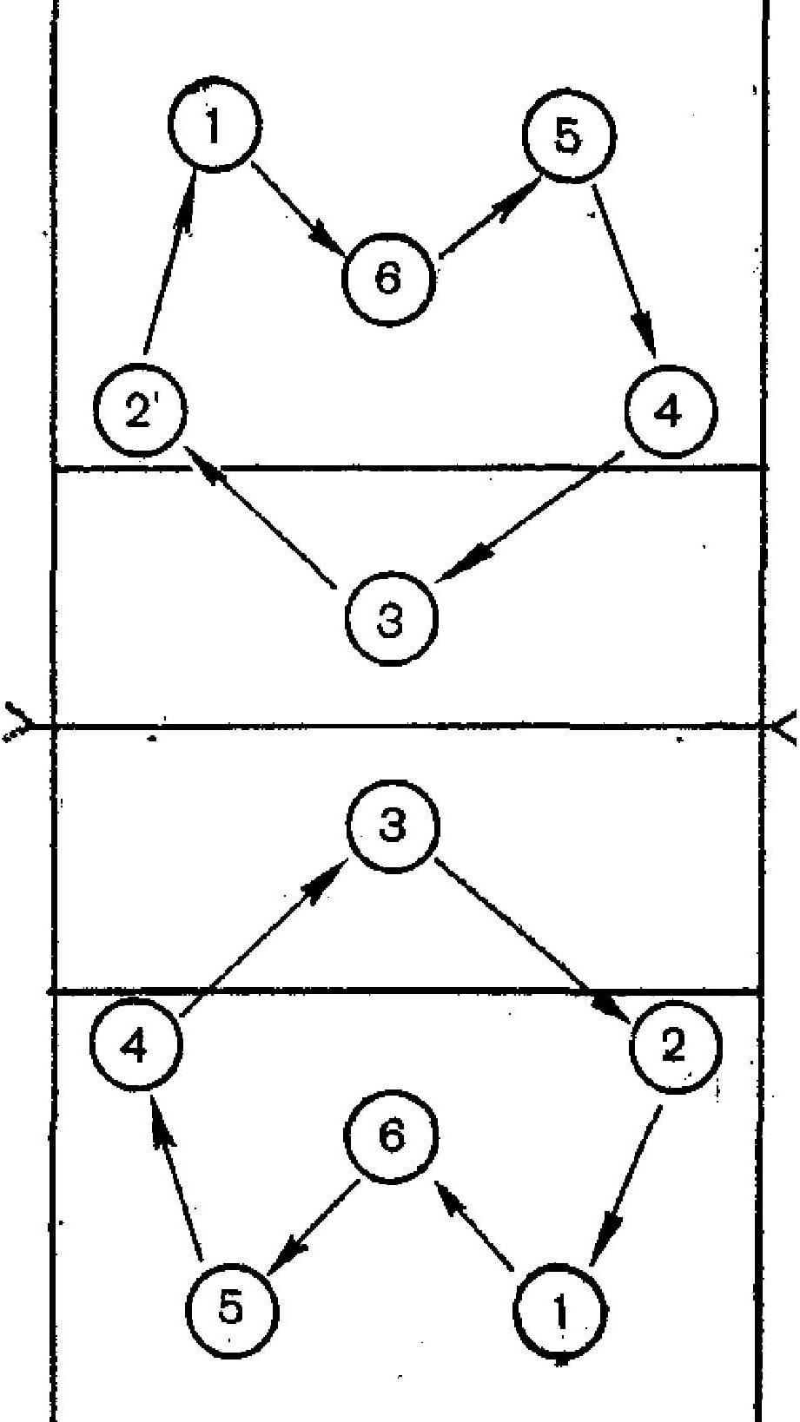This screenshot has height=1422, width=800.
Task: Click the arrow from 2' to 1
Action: pyautogui.click(x=170, y=265)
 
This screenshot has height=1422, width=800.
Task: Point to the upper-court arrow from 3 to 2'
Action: pyautogui.click(x=260, y=517)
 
